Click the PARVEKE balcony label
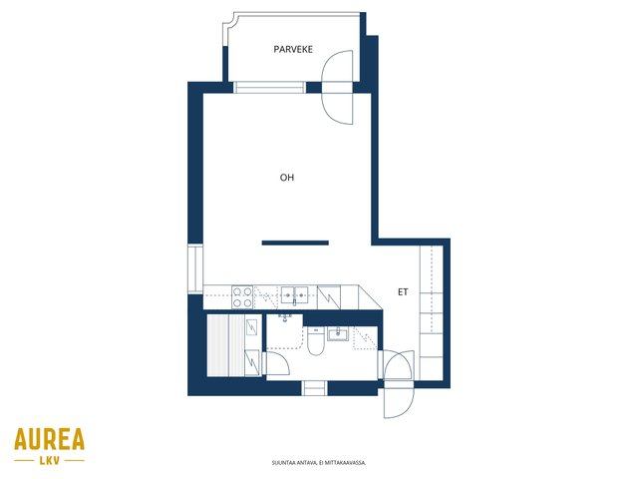[293, 49]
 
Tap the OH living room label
[287, 178]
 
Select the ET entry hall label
[403, 292]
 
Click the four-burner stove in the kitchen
[242, 297]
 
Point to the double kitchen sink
[294, 295]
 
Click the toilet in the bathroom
[315, 340]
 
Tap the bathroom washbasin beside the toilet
[338, 334]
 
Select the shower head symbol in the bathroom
[285, 317]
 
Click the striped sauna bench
[226, 345]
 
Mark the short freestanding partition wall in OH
[295, 243]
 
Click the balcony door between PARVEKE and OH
[337, 88]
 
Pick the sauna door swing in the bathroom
[276, 363]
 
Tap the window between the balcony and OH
[269, 88]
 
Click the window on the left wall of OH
[195, 269]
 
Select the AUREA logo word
[49, 439]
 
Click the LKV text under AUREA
[50, 461]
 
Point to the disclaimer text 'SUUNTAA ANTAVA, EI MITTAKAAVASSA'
[319, 463]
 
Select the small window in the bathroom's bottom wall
[314, 388]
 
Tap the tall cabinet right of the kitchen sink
[329, 297]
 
